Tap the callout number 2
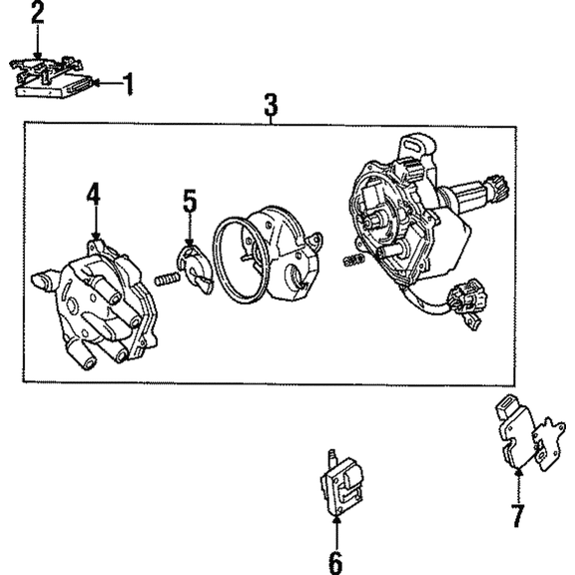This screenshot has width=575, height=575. pos(37,13)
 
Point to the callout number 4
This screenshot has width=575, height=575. pos(93,193)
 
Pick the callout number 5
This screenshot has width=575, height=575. pos(190,202)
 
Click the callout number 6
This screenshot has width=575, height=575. pos(336,560)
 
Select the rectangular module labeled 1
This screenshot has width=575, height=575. pos(55,87)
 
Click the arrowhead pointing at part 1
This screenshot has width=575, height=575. pos(102,83)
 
